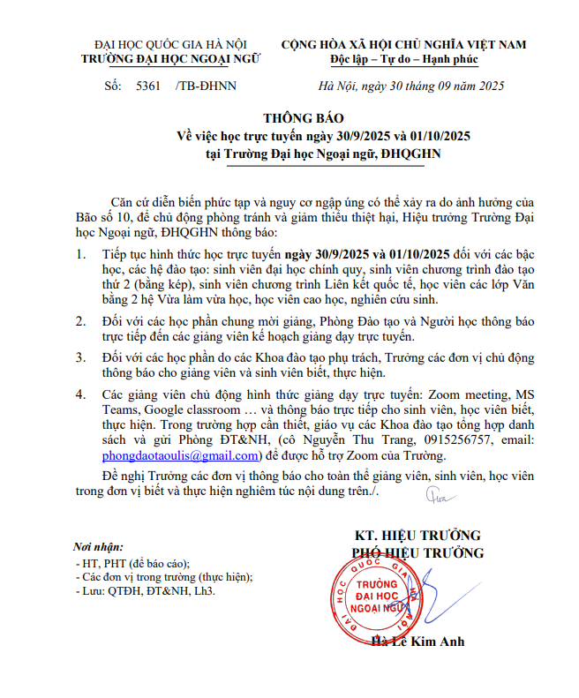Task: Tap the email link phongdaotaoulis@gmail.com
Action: click(180, 455)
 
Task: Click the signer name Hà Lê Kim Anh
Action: click(417, 642)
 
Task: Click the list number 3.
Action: click(81, 357)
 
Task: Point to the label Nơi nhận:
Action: click(99, 546)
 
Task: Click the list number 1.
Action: click(81, 255)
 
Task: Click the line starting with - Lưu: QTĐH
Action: click(145, 591)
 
